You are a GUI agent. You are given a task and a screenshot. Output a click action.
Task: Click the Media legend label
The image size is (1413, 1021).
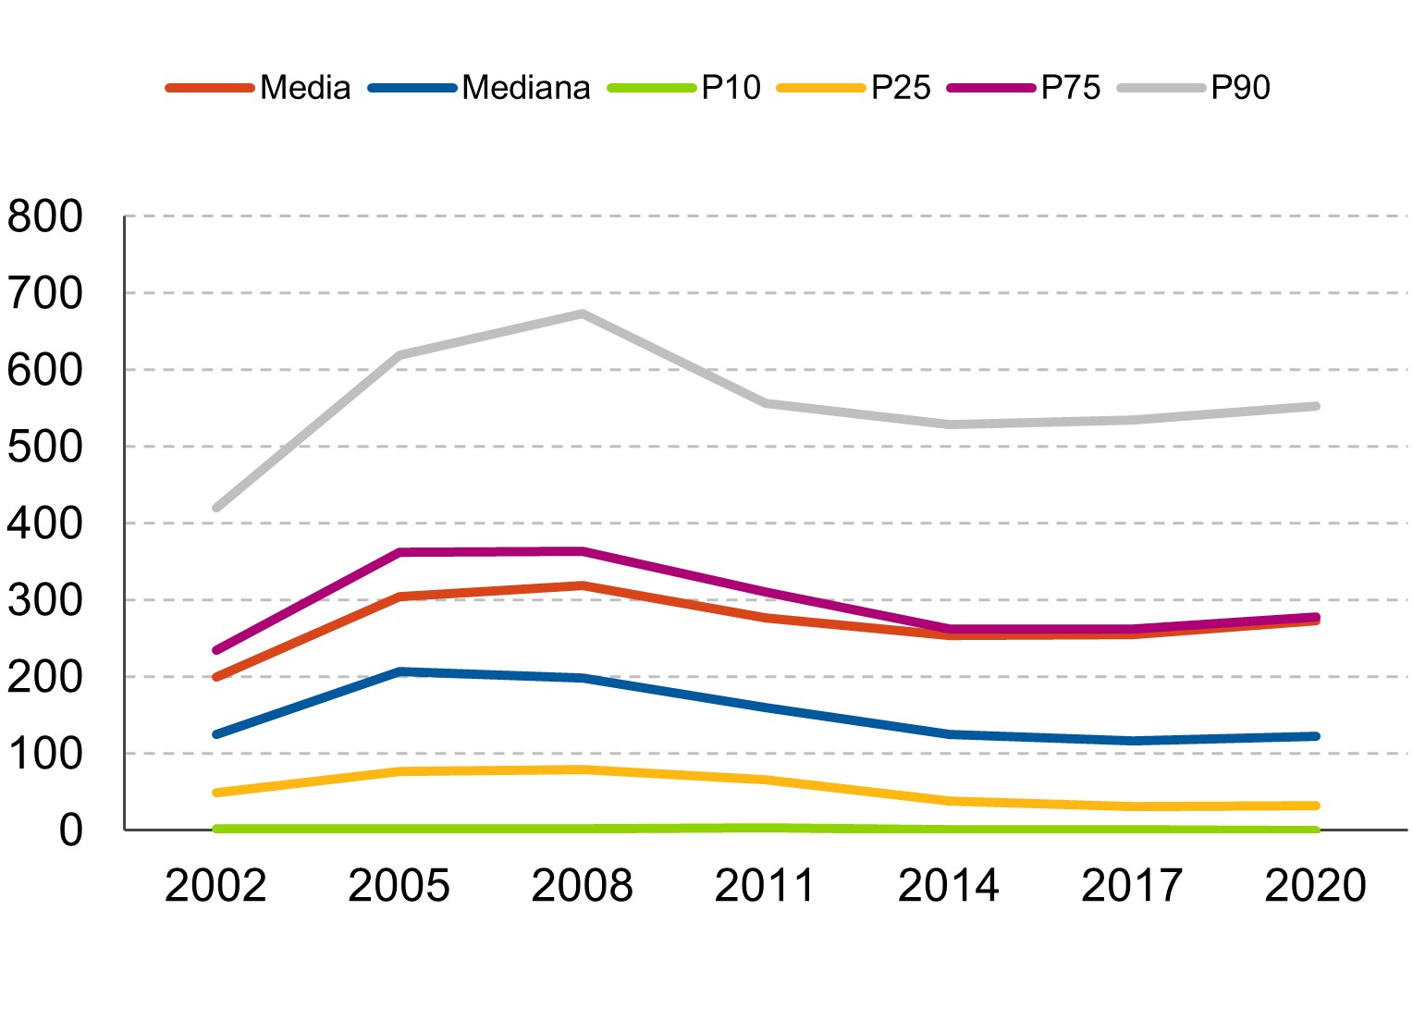tap(305, 87)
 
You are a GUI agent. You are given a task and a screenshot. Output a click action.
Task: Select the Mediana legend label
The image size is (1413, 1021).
tap(526, 87)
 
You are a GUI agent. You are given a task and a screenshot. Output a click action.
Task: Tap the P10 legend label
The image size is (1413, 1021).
tap(731, 87)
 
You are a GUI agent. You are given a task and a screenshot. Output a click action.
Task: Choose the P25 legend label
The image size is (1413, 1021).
tap(901, 87)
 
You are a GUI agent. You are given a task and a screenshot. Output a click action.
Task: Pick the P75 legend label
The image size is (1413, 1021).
tap(1071, 87)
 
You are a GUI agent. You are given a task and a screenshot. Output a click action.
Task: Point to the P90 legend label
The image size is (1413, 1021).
tap(1240, 87)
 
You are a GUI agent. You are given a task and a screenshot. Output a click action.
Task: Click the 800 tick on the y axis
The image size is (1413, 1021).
tap(44, 216)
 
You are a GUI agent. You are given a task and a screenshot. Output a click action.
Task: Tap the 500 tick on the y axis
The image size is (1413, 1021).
tap(44, 447)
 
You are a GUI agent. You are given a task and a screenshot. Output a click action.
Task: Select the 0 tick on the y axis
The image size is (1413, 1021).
tap(70, 830)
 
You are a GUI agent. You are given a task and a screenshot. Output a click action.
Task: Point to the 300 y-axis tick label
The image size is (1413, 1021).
tap(44, 600)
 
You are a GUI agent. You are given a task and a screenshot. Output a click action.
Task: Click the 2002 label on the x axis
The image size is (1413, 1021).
tap(215, 885)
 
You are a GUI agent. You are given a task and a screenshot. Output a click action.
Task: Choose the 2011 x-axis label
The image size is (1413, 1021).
tap(765, 885)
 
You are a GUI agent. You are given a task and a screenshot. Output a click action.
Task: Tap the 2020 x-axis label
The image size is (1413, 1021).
tap(1315, 885)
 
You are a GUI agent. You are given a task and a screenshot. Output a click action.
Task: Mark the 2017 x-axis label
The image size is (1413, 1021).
tap(1132, 885)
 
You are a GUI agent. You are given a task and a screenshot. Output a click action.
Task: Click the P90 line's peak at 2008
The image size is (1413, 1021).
tap(583, 313)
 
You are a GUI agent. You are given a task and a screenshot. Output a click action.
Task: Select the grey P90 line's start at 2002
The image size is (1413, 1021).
tap(216, 508)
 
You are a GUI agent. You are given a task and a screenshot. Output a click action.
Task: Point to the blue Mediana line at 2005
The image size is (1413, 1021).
tap(399, 672)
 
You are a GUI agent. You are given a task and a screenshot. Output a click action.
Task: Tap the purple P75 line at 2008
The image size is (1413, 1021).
tap(583, 551)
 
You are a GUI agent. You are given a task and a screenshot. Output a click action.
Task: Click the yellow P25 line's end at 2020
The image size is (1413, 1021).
tap(1316, 806)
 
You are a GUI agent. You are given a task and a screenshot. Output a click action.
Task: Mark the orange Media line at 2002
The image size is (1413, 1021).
tap(216, 677)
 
